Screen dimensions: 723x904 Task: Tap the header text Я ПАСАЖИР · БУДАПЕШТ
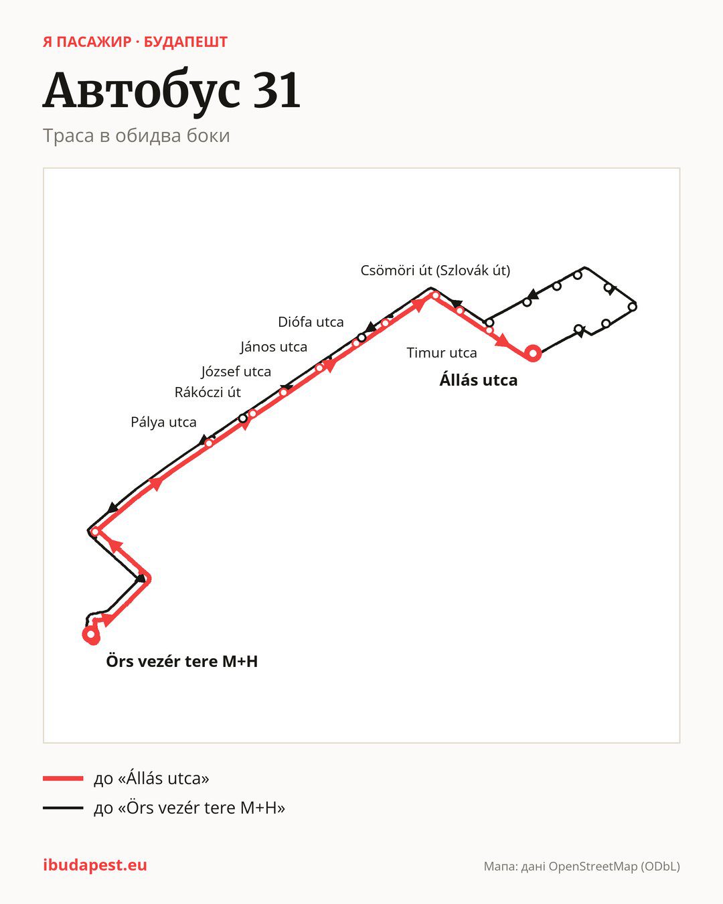point(135,42)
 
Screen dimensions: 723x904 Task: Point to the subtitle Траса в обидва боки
point(136,136)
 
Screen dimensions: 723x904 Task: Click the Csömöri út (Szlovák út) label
point(435,271)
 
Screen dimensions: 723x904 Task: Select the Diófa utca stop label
point(311,322)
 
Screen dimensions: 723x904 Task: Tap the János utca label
point(274,347)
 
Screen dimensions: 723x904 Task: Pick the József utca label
point(236,372)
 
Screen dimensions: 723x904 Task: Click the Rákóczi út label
point(208,392)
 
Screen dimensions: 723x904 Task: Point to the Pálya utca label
point(163,422)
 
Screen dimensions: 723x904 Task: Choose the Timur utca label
point(442,353)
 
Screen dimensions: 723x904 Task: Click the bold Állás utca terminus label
point(478,380)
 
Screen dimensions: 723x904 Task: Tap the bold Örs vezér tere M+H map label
point(181,661)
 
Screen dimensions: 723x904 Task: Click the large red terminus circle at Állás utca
point(533,354)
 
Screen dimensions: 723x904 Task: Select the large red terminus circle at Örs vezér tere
point(91,635)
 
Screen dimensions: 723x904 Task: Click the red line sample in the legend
point(63,778)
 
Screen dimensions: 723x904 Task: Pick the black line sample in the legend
point(63,808)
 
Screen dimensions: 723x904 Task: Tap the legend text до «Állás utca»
point(151,778)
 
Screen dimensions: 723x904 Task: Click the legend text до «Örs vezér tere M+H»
point(189,808)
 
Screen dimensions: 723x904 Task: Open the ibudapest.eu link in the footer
point(95,865)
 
